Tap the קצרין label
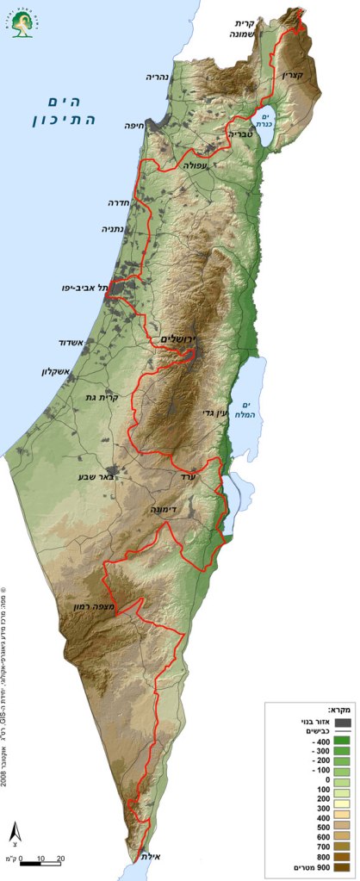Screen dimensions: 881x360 [293, 76]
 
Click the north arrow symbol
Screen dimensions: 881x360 [15, 834]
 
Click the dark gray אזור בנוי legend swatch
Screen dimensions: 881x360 [342, 721]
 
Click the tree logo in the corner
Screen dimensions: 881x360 [16, 19]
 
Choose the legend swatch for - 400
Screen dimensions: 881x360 [342, 741]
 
